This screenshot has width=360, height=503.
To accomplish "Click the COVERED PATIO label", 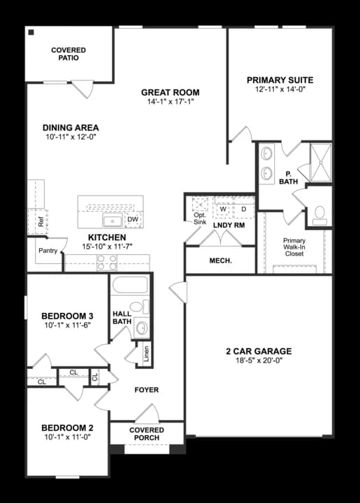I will click(x=69, y=54).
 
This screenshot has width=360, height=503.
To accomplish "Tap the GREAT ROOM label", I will click(x=170, y=92).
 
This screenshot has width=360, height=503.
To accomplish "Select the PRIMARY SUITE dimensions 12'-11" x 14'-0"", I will click(x=280, y=90).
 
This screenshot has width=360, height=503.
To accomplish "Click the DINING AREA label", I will click(x=70, y=128).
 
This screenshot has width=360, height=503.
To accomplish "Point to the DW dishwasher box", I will click(x=133, y=220).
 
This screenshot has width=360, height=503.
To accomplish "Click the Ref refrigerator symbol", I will click(x=41, y=222).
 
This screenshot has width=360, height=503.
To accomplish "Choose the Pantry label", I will click(x=48, y=250).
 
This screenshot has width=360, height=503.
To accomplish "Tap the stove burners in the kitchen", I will click(x=106, y=263).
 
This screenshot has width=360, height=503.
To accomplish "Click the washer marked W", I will click(x=223, y=208).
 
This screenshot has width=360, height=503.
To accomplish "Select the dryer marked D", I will click(x=244, y=208).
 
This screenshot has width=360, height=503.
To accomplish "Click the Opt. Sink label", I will click(x=199, y=219).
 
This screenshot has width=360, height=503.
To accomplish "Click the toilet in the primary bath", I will click(x=320, y=214).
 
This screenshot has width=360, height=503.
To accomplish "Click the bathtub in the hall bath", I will click(x=131, y=286).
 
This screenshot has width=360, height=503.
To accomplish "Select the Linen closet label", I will click(x=146, y=353).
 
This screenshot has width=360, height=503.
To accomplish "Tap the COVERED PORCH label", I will click(x=147, y=434).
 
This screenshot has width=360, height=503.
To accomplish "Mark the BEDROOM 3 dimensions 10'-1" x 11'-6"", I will click(x=67, y=326).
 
